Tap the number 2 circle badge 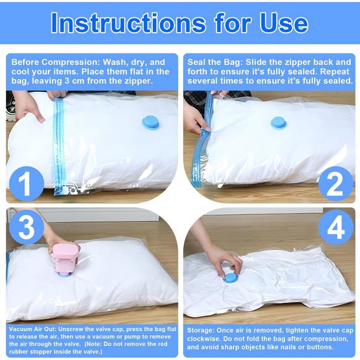pyautogui.click(x=335, y=183)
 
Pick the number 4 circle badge pyautogui.click(x=335, y=227)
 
